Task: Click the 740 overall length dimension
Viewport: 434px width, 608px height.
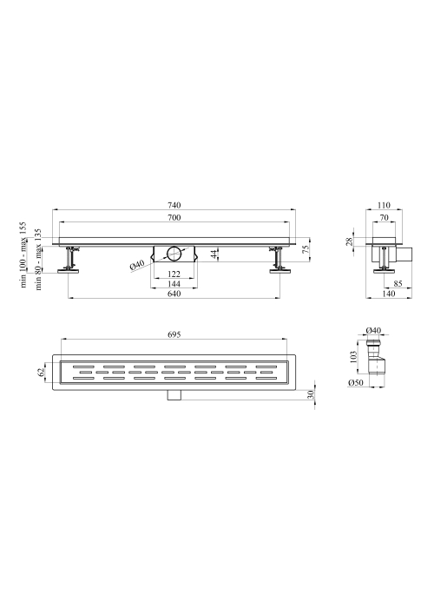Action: (174, 205)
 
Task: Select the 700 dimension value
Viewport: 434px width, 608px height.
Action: (174, 217)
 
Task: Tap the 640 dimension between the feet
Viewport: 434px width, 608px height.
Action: (174, 294)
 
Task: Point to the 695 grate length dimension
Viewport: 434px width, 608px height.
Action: (174, 334)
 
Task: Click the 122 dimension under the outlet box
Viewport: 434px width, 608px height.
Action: (174, 274)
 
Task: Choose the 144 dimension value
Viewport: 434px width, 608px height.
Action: (174, 284)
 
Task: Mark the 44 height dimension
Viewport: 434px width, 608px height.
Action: (213, 254)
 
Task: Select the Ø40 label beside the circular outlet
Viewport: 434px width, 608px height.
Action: (137, 265)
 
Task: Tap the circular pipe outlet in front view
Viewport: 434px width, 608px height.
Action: (174, 254)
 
